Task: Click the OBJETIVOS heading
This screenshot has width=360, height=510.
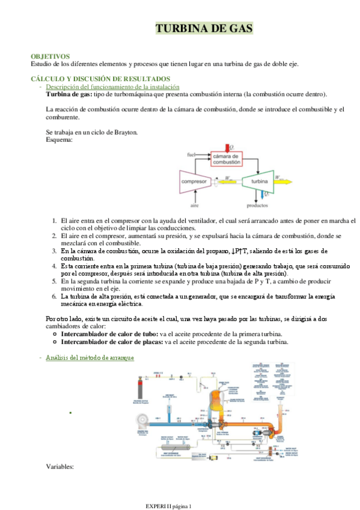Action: point(50,56)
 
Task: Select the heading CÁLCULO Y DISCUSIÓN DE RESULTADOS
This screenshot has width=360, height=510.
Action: point(100,79)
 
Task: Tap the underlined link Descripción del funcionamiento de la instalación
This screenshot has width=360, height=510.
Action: point(112,87)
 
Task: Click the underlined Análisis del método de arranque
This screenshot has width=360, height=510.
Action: point(90,357)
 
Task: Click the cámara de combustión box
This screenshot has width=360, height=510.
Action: point(227,159)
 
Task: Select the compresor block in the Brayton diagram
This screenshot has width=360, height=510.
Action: point(194,180)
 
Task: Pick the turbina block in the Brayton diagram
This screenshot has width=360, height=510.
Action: point(258,180)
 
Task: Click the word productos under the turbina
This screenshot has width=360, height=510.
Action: point(258,205)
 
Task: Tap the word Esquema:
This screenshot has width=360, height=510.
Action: point(59,140)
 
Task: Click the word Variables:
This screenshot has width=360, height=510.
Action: point(59,466)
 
